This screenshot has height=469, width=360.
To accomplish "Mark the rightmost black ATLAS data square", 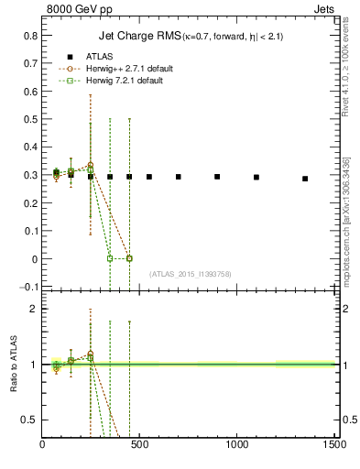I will (305, 179).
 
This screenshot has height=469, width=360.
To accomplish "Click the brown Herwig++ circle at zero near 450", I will (129, 258).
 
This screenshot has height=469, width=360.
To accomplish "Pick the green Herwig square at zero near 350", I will (110, 258).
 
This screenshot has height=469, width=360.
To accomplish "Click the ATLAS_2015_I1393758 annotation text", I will (190, 274).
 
